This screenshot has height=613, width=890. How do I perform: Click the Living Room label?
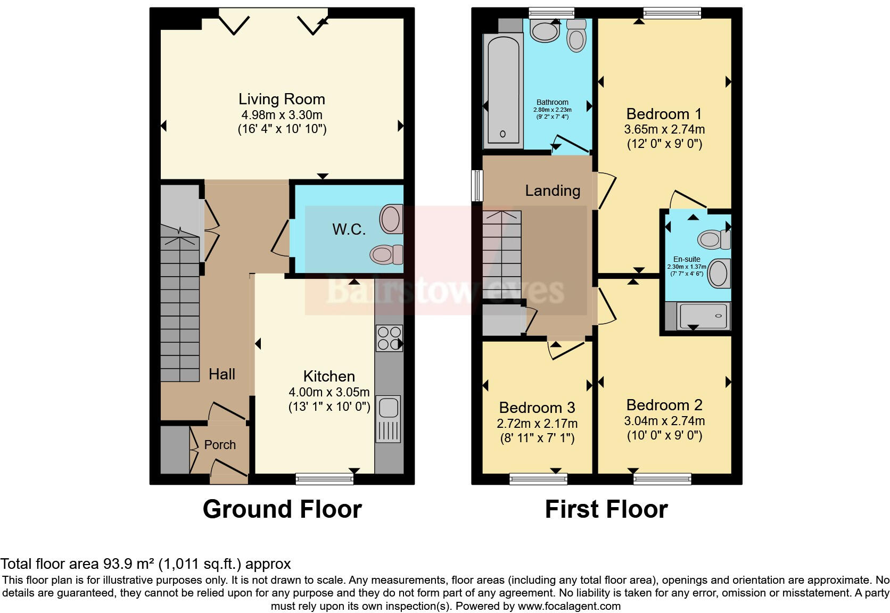[282, 99]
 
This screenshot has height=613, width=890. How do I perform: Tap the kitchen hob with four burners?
[389, 338]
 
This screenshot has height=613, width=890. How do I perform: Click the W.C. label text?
[349, 229]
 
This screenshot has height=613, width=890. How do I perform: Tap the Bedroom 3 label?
[537, 408]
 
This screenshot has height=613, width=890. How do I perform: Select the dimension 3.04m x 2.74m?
[664, 421]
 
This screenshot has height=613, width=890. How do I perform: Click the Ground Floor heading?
[282, 509]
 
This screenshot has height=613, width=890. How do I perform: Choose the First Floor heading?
[606, 509]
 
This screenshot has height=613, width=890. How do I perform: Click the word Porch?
[220, 445]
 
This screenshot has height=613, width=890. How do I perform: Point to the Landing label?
[553, 190]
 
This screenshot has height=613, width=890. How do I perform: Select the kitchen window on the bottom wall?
[324, 479]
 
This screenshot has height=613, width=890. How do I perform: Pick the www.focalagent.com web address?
[569, 606]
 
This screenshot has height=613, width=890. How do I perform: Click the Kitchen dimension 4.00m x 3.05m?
[329, 393]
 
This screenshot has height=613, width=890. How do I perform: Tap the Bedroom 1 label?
[664, 114]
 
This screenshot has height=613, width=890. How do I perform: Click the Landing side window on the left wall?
[477, 186]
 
